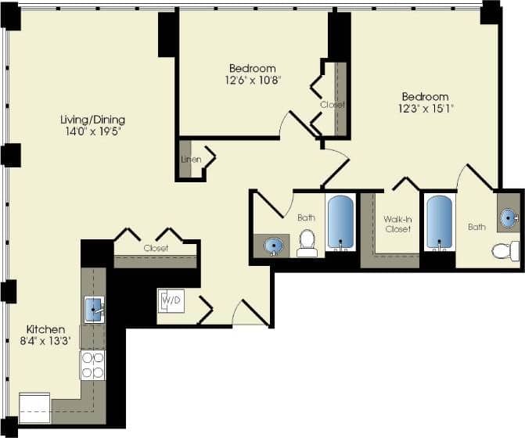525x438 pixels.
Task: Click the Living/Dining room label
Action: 93,120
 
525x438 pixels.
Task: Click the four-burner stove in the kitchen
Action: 92,364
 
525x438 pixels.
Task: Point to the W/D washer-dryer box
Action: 171,300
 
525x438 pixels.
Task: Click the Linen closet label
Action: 191,160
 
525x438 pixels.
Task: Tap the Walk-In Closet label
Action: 397,224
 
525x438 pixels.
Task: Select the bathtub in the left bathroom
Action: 340,222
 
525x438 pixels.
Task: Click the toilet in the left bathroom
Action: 307,242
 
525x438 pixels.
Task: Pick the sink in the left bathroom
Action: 274,246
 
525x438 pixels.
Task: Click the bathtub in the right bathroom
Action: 439,222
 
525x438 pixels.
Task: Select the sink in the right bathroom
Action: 509,217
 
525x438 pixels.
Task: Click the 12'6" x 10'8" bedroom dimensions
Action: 252,79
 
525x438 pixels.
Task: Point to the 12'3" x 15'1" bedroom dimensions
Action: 425,109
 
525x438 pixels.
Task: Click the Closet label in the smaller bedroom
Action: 332,104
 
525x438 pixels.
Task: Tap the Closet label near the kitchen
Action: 156,248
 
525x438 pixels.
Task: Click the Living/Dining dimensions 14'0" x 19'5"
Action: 93,131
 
